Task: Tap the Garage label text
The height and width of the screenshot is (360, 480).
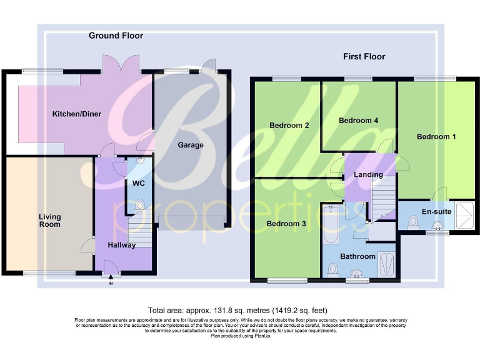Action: (x=191, y=145)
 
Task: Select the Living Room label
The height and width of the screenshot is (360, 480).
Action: (x=49, y=221)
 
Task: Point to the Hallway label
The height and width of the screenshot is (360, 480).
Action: (x=121, y=245)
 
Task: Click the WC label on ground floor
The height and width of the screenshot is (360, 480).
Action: (x=138, y=184)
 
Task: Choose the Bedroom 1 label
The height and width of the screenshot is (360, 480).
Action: (x=436, y=136)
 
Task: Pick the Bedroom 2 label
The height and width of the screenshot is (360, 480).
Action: (x=289, y=126)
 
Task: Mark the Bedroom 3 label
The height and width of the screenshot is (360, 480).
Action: (x=286, y=224)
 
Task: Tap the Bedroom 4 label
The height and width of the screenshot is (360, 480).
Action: (x=358, y=120)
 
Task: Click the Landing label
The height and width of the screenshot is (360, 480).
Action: (x=368, y=174)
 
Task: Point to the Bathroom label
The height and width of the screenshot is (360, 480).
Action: (x=357, y=256)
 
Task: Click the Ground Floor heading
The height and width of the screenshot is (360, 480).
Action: (x=116, y=36)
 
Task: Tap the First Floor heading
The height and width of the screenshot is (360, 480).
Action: (x=364, y=57)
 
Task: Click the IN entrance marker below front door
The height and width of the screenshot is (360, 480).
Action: (x=111, y=283)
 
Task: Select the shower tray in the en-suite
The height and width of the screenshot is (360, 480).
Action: (x=464, y=216)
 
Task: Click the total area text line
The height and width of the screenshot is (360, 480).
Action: (x=237, y=311)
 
